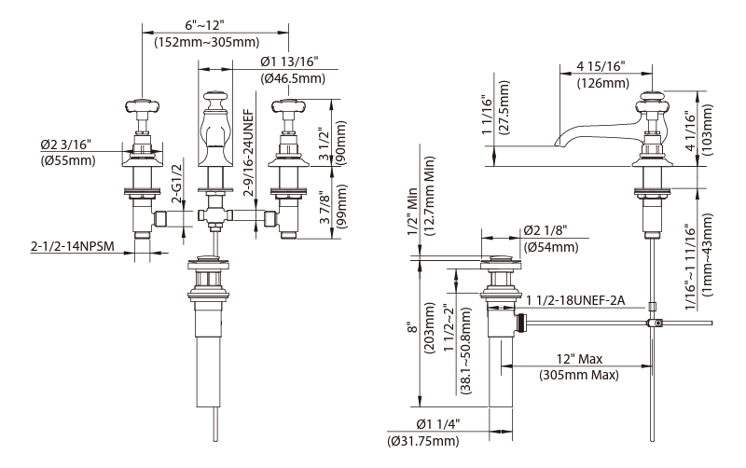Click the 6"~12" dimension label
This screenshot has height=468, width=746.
(204, 24)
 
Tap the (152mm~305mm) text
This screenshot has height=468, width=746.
(207, 42)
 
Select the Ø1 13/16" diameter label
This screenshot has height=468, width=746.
(289, 62)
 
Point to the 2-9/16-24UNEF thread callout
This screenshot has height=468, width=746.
(248, 153)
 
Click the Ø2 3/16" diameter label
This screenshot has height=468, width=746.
(65, 145)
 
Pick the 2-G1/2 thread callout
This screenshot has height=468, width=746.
(177, 184)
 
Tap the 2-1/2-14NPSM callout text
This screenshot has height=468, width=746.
(73, 246)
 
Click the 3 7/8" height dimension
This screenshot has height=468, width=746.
(325, 208)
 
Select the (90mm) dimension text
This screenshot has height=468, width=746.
(340, 143)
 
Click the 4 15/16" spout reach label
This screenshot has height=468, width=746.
(601, 66)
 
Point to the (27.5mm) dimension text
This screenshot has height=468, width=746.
(504, 107)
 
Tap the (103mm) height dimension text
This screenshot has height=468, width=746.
(707, 130)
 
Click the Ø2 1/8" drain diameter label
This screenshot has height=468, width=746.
(546, 230)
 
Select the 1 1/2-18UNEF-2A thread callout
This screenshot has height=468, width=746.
(575, 300)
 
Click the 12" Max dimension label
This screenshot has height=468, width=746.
(579, 359)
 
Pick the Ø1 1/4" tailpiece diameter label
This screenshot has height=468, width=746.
(437, 424)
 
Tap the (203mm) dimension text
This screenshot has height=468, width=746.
(429, 327)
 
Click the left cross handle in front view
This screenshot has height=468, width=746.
(142, 105)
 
